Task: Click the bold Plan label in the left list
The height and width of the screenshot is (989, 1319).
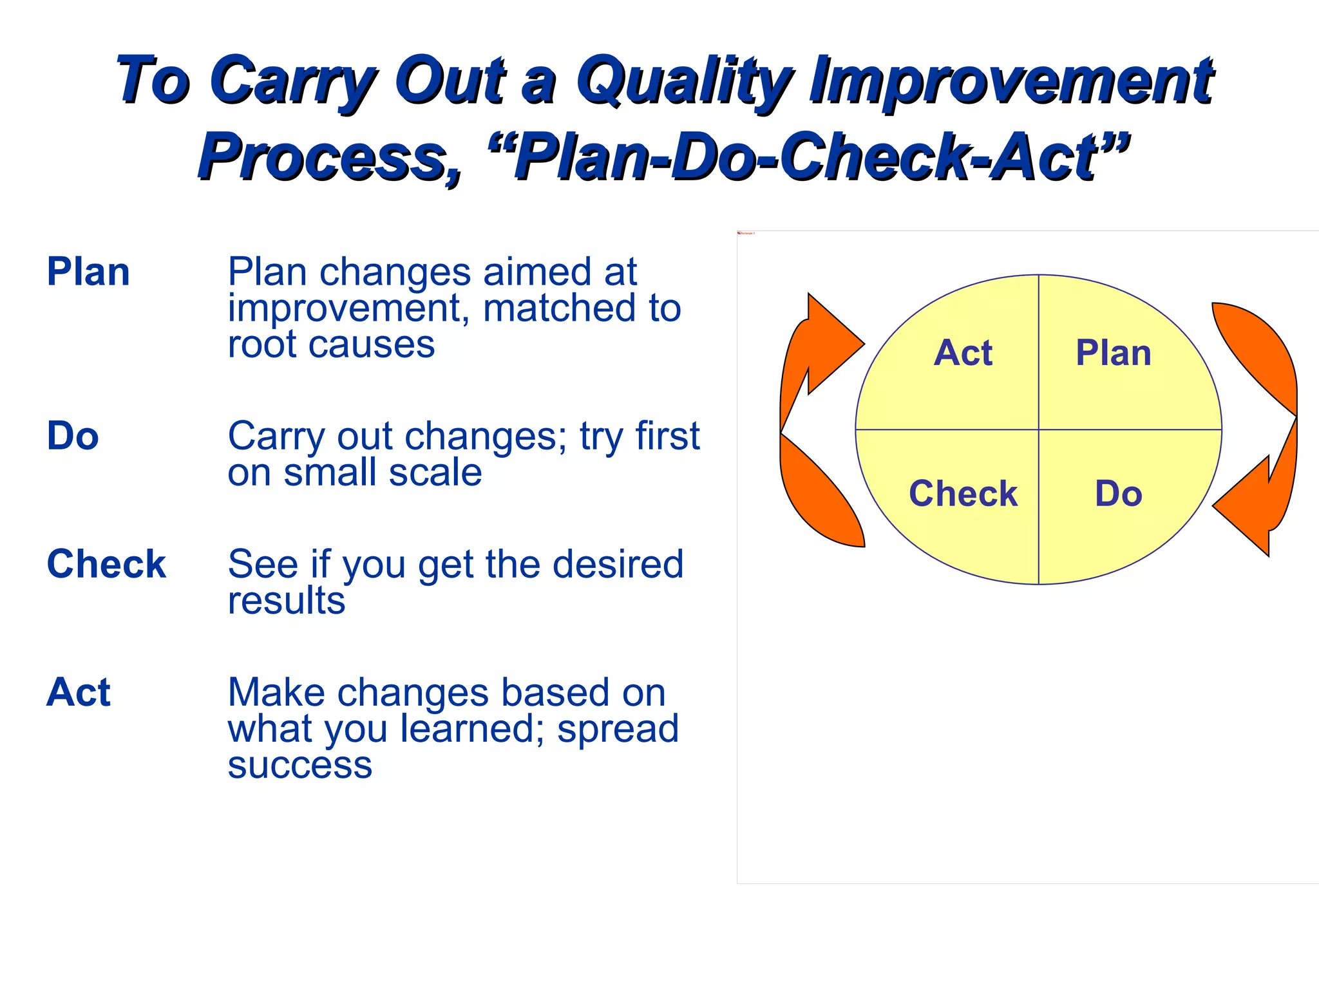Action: click(x=88, y=272)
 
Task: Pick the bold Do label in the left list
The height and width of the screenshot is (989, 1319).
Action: click(x=73, y=436)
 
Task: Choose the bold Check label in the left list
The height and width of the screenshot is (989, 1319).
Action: click(x=106, y=564)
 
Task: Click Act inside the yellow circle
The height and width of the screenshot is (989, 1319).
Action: click(x=963, y=353)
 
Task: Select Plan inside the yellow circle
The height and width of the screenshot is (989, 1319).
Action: click(x=1114, y=353)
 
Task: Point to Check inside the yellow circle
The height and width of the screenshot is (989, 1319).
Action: click(x=963, y=494)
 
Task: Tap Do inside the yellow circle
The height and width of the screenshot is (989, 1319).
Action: click(x=1119, y=494)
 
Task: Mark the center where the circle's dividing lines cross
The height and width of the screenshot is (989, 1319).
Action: click(x=1038, y=429)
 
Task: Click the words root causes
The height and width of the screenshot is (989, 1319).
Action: click(x=331, y=344)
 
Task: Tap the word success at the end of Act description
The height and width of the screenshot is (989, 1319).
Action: click(x=300, y=765)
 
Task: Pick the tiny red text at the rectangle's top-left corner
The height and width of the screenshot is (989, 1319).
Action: click(x=746, y=233)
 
